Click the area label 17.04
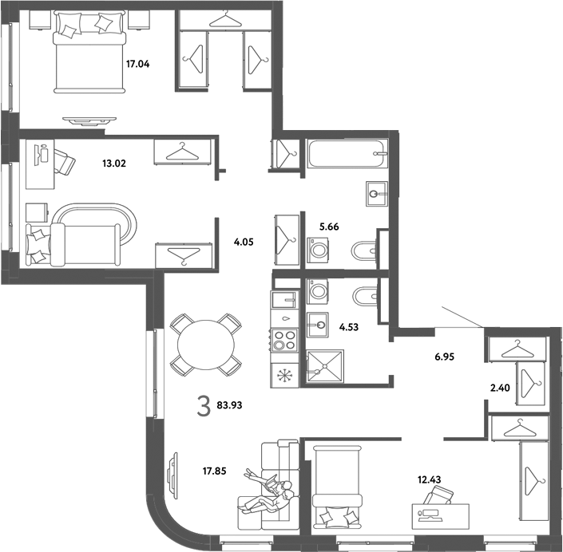click(x=137, y=64)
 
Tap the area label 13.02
click(x=114, y=164)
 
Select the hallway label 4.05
click(x=244, y=242)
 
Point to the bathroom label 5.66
click(x=329, y=227)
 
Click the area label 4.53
click(x=349, y=327)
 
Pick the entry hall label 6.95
click(x=445, y=357)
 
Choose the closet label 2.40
click(x=500, y=388)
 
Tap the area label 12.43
click(x=429, y=479)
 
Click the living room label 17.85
click(x=214, y=471)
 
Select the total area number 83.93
click(x=229, y=405)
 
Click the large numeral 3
click(x=204, y=407)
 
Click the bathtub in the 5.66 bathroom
click(x=347, y=153)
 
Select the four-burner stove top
click(x=285, y=341)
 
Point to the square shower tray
click(x=325, y=366)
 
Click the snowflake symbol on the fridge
click(x=285, y=376)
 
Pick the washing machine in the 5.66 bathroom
click(x=319, y=249)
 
